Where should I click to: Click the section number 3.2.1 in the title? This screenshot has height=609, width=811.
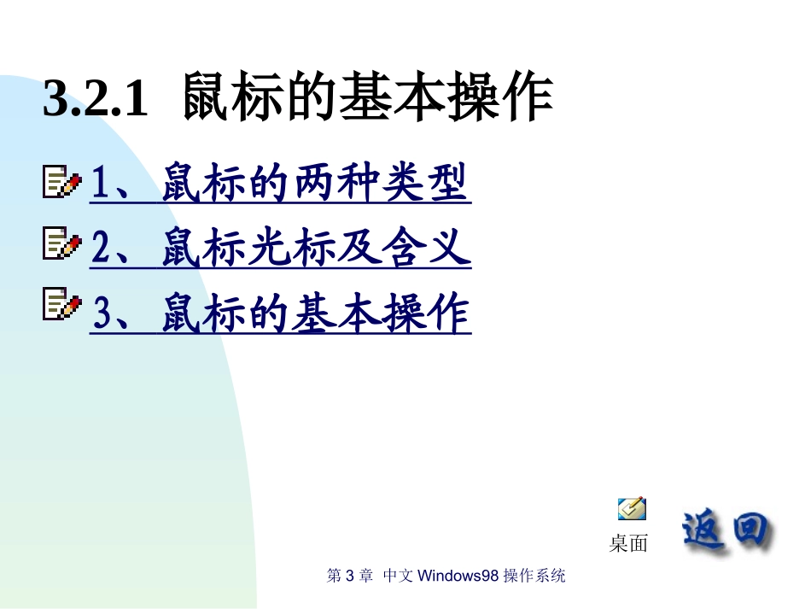(96, 100)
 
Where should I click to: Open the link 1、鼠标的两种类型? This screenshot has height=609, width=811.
(280, 183)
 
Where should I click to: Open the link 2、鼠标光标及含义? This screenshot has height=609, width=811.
(280, 248)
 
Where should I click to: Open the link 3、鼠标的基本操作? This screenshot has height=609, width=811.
(280, 313)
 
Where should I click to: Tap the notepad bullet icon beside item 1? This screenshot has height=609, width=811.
(62, 182)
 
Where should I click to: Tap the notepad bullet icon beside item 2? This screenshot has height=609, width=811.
(62, 246)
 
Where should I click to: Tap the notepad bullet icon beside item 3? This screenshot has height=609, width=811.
(62, 305)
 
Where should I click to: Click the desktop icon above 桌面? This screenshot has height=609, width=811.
(632, 509)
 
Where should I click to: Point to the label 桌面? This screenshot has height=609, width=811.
(628, 543)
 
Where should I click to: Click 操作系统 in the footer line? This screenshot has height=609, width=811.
(534, 576)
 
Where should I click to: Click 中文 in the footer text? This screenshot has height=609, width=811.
(399, 576)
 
